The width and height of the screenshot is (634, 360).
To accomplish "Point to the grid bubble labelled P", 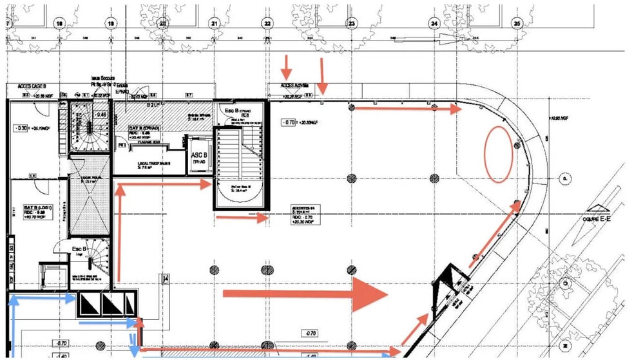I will tap(564, 178).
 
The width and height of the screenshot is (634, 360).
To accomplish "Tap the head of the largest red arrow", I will tap(370, 294).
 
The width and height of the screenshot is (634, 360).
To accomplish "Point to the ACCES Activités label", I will tap(296, 85).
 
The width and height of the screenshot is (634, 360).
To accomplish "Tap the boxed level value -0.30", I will tap(23, 128).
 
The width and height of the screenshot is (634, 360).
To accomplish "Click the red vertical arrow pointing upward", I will tap(119, 232).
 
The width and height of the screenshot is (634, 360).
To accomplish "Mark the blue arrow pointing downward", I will tap(133, 341).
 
